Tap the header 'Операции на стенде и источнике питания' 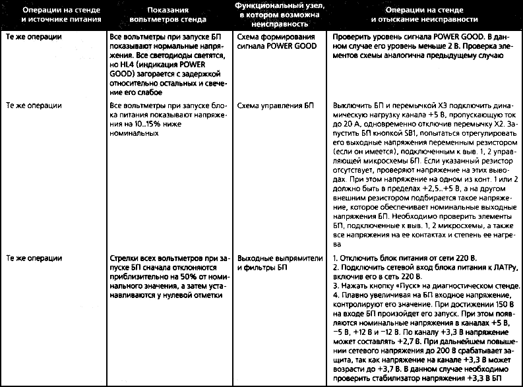[x=55, y=16]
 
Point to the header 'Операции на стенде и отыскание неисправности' [x=425, y=16]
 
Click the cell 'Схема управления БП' [x=267, y=105]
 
